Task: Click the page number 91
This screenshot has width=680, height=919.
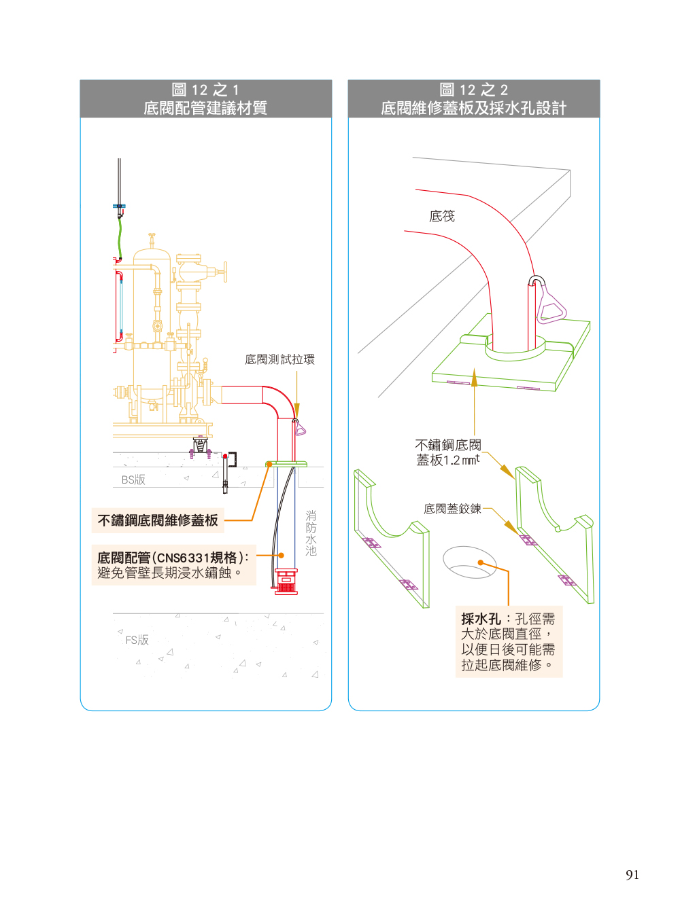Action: pos(632,875)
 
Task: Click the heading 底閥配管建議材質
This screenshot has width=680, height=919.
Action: pos(205,108)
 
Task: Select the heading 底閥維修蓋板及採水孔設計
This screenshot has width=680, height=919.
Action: pos(473,108)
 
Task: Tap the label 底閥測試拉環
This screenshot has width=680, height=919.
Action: pos(279,359)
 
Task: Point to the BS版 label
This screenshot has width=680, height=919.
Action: pos(133,480)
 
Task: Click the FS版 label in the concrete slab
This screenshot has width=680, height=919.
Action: pos(137,640)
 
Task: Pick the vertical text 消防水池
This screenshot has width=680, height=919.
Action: pos(311,533)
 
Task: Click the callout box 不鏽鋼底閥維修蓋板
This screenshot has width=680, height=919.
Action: pos(158,520)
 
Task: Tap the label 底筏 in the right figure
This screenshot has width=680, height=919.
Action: pos(442,216)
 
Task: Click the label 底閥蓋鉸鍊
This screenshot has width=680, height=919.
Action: pos(452,509)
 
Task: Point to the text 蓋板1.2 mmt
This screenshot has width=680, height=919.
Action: pos(447,460)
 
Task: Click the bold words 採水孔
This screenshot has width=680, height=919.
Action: pos(481,619)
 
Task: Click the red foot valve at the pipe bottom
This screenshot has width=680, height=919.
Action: pos(286,582)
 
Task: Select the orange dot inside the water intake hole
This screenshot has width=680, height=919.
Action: pos(481,562)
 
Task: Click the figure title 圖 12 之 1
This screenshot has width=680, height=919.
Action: pos(205,90)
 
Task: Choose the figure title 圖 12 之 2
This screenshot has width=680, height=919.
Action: pos(473,90)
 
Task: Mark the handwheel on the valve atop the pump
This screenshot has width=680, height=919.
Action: pos(224,272)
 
